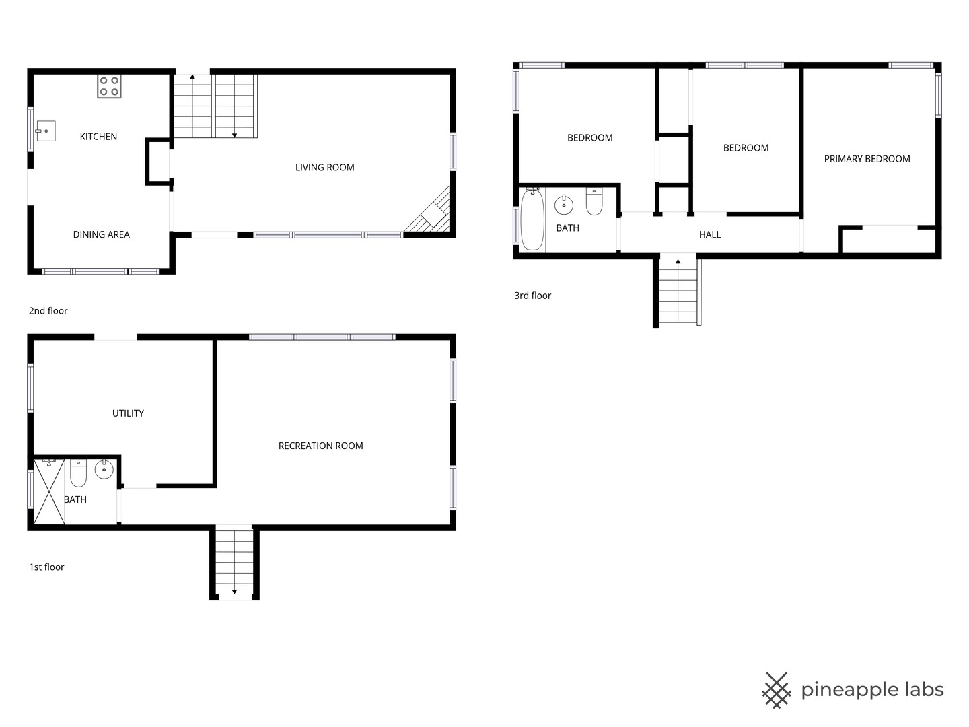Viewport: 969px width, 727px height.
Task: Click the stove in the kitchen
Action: [x=110, y=86]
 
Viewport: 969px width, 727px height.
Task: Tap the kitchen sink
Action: [x=46, y=131]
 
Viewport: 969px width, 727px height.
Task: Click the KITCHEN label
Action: [x=98, y=137]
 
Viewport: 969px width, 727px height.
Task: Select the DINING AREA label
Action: [x=102, y=234]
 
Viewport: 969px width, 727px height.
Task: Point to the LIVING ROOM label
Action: [x=325, y=168]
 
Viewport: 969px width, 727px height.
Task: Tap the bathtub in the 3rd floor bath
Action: [x=532, y=219]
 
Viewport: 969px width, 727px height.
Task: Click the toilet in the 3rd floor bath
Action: [x=594, y=202]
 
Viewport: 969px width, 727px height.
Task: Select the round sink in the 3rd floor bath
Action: [x=564, y=205]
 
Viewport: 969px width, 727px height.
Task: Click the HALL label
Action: [x=710, y=235]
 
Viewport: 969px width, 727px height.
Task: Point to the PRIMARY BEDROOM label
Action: [x=867, y=159]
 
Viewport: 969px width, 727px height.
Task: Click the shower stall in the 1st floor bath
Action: [x=49, y=491]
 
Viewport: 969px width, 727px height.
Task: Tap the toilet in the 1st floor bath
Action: [x=78, y=473]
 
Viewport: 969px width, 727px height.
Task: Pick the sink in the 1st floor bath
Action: [x=104, y=469]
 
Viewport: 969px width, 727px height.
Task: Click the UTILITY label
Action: [x=128, y=413]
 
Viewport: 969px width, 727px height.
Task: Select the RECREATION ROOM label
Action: [x=321, y=446]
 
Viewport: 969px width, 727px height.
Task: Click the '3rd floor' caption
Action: [x=533, y=296]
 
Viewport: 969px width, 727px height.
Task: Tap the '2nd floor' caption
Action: [x=48, y=311]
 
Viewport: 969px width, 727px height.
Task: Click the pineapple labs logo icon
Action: [x=777, y=691]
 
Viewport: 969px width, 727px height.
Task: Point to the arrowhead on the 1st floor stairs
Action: [x=234, y=592]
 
